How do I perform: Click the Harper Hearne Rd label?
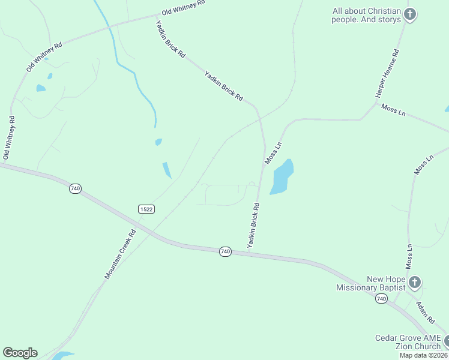click(x=387, y=74)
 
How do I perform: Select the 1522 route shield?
click(x=146, y=209)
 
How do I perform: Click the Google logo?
click(x=20, y=353)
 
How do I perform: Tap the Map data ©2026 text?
click(x=423, y=355)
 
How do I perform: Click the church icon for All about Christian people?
click(x=409, y=14)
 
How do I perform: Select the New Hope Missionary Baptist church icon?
click(x=414, y=283)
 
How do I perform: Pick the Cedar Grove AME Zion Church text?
click(x=408, y=342)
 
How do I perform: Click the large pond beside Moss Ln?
click(x=282, y=176)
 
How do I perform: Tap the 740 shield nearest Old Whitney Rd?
click(x=75, y=188)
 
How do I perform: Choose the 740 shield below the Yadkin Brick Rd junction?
click(x=224, y=251)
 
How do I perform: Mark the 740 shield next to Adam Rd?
click(x=381, y=298)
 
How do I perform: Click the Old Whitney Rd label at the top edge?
click(x=184, y=8)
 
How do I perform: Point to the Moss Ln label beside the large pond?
click(x=273, y=153)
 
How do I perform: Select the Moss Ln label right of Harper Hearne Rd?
click(x=394, y=110)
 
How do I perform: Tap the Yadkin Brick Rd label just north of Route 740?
click(x=253, y=226)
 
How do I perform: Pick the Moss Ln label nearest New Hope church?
click(x=409, y=255)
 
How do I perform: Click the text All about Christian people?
click(x=366, y=15)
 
